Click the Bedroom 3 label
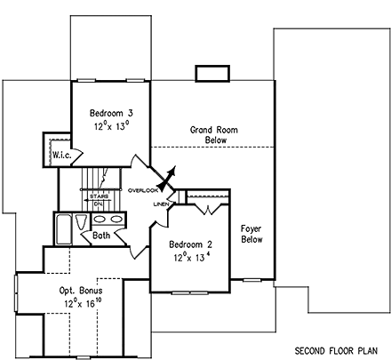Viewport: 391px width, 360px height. pos(111,114)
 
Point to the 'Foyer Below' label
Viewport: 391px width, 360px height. pos(251,234)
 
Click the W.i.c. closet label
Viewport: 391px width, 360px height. pos(60,155)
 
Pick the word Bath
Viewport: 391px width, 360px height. pos(102,236)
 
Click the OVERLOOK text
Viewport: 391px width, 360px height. pos(142,190)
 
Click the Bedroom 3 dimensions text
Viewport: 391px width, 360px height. pos(111,126)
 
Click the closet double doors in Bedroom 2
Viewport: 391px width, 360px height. pos(206,210)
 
